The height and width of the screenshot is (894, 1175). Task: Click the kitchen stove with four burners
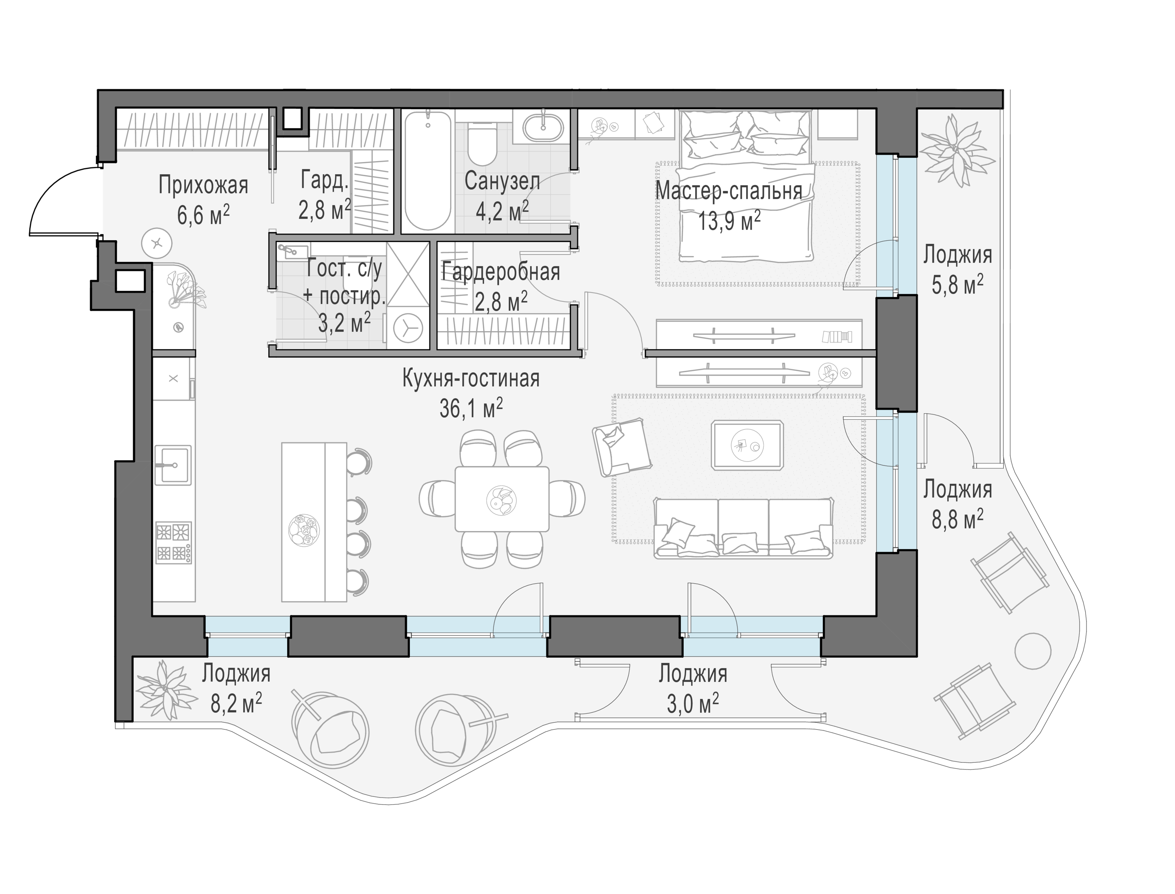pos(173,543)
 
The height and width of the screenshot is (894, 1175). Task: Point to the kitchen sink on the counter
pos(172,465)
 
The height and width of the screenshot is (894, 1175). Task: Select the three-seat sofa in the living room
pos(743,527)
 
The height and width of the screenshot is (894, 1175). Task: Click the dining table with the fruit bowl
pos(502,499)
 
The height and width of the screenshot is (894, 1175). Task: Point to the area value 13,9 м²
pos(729,220)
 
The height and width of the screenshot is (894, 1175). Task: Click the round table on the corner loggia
pos(1033,651)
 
